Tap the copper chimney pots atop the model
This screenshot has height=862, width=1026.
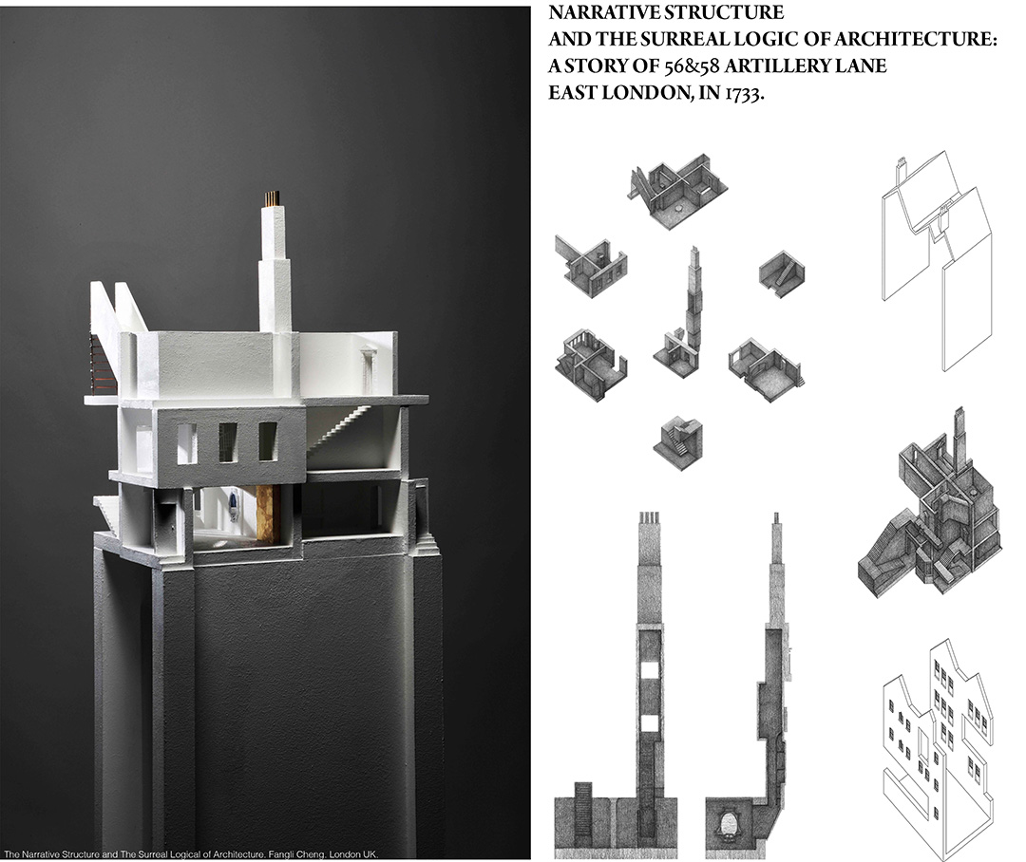[x=272, y=198]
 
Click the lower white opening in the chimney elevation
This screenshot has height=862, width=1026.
[x=649, y=722]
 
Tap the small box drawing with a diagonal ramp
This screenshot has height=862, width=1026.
[x=782, y=274]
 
